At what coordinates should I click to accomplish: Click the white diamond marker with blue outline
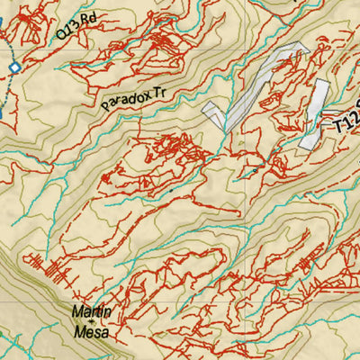14,67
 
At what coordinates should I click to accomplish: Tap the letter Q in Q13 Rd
59,34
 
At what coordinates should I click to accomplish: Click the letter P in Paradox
105,105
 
